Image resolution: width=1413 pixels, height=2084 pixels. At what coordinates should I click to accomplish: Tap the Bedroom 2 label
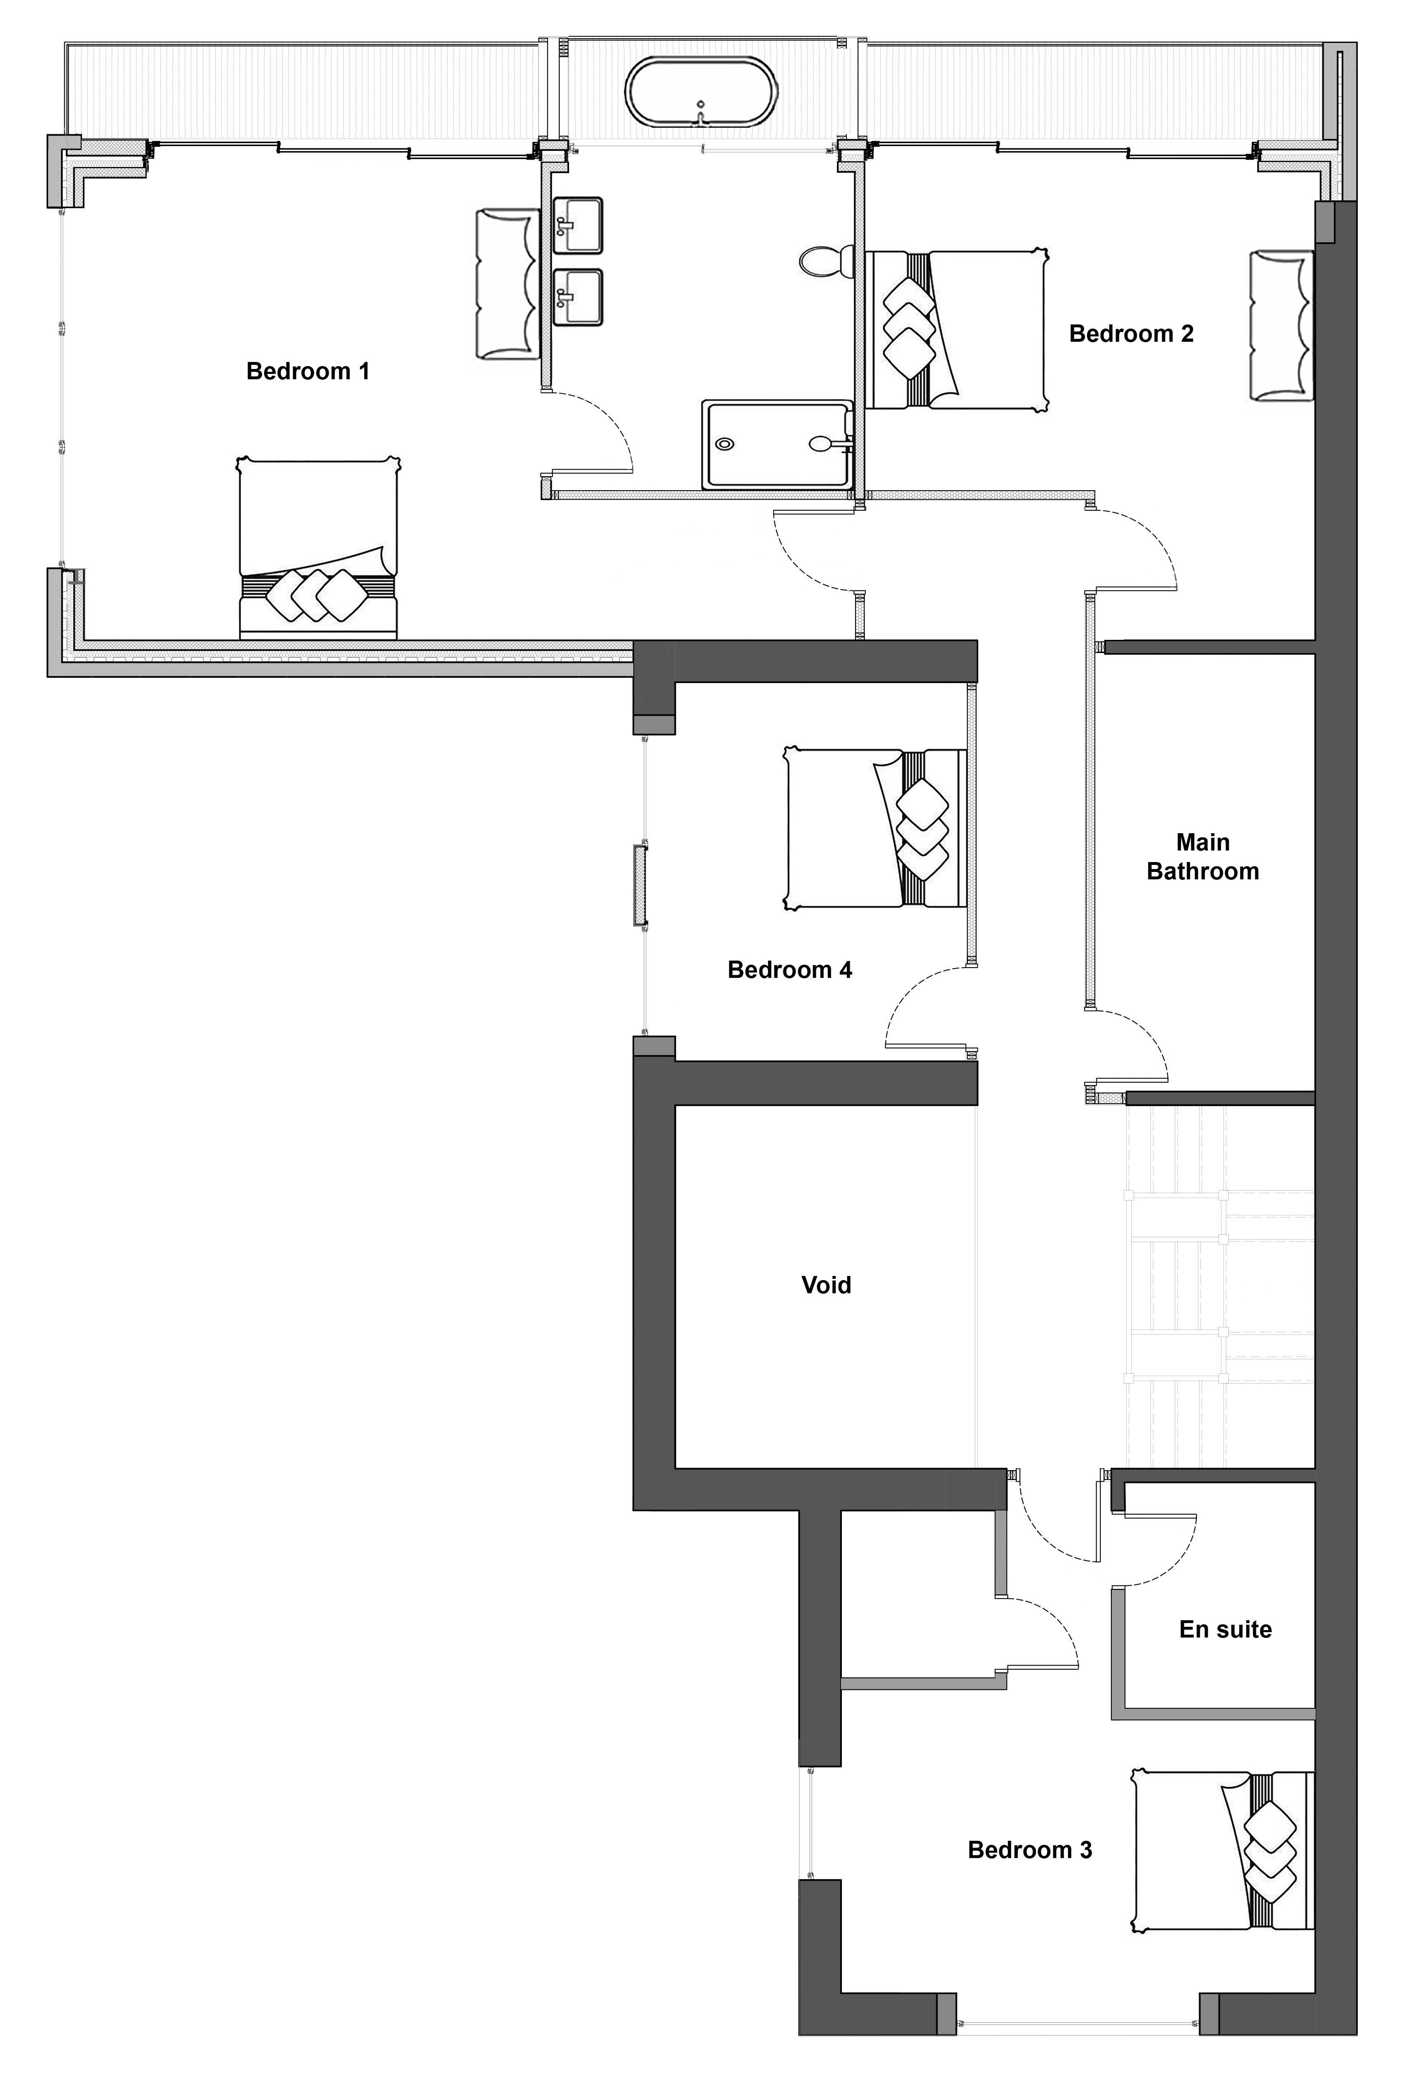(x=1132, y=334)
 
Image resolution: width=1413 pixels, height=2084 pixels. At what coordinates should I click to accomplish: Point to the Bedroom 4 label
(x=790, y=969)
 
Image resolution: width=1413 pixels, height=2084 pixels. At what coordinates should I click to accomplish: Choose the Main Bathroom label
(x=1203, y=856)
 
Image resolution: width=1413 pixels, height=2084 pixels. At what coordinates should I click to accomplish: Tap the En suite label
(x=1226, y=1629)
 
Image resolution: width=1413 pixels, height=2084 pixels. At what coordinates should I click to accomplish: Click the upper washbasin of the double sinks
(x=576, y=226)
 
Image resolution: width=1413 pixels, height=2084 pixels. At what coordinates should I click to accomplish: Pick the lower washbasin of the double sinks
(x=576, y=297)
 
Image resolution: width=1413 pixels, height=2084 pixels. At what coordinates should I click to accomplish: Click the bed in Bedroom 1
(x=318, y=548)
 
